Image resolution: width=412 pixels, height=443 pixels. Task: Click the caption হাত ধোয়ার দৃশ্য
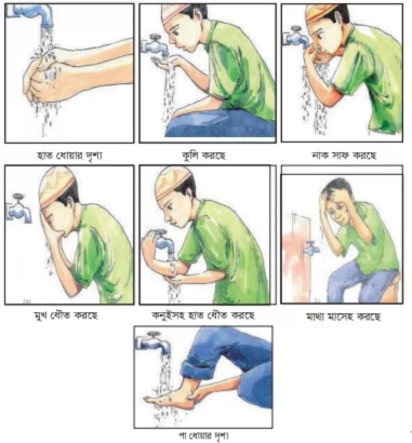[x=70, y=155]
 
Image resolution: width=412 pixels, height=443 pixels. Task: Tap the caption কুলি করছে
[x=203, y=155]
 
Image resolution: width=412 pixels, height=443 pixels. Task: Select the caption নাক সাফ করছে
[x=344, y=155]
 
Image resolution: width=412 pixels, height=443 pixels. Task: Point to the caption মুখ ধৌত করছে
[x=66, y=315]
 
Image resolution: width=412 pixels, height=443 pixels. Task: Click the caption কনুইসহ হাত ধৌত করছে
[x=203, y=315]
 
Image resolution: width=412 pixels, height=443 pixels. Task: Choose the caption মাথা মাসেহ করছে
[x=344, y=316]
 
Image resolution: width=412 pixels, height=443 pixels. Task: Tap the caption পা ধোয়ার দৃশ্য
[x=203, y=436]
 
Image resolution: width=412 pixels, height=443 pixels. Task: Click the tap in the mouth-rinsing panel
[x=155, y=45]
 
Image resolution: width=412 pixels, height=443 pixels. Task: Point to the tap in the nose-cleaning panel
[x=296, y=37]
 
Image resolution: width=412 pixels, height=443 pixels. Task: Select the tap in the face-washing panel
[x=19, y=209]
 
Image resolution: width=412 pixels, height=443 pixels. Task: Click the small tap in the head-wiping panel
[x=312, y=248]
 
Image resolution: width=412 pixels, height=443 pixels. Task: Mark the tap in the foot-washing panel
[x=154, y=343]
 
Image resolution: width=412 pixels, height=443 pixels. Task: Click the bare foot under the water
[x=173, y=398]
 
